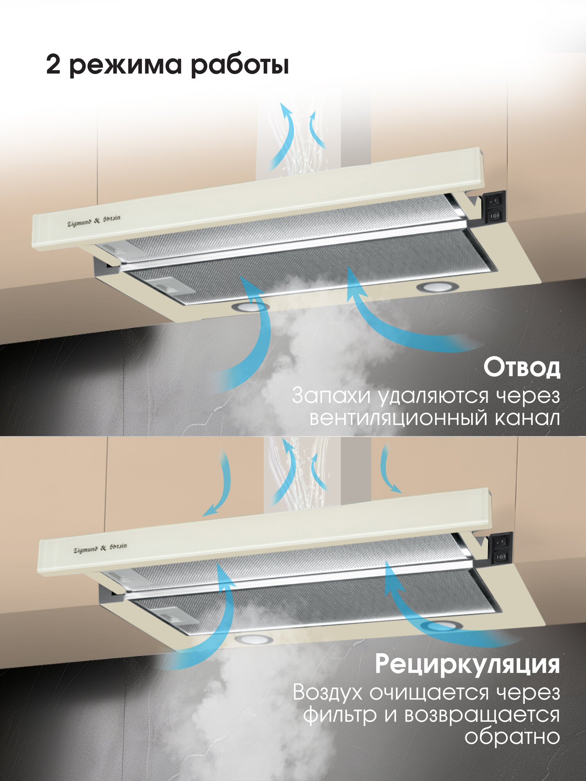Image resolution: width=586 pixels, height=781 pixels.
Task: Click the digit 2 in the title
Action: point(53,65)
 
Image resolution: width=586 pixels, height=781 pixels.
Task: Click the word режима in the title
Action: point(126,66)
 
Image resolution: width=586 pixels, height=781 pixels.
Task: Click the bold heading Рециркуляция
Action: point(468,664)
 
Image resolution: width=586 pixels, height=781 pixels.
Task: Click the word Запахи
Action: point(331,396)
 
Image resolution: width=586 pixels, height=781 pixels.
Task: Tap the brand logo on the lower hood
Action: point(100,547)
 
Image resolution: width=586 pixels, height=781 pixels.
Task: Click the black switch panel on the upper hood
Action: point(495,207)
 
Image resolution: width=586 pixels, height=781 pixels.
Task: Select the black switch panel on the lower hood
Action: point(502,548)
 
